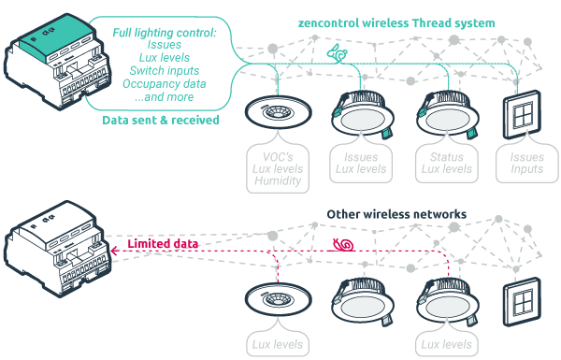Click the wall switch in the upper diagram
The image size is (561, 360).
point(520,118)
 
